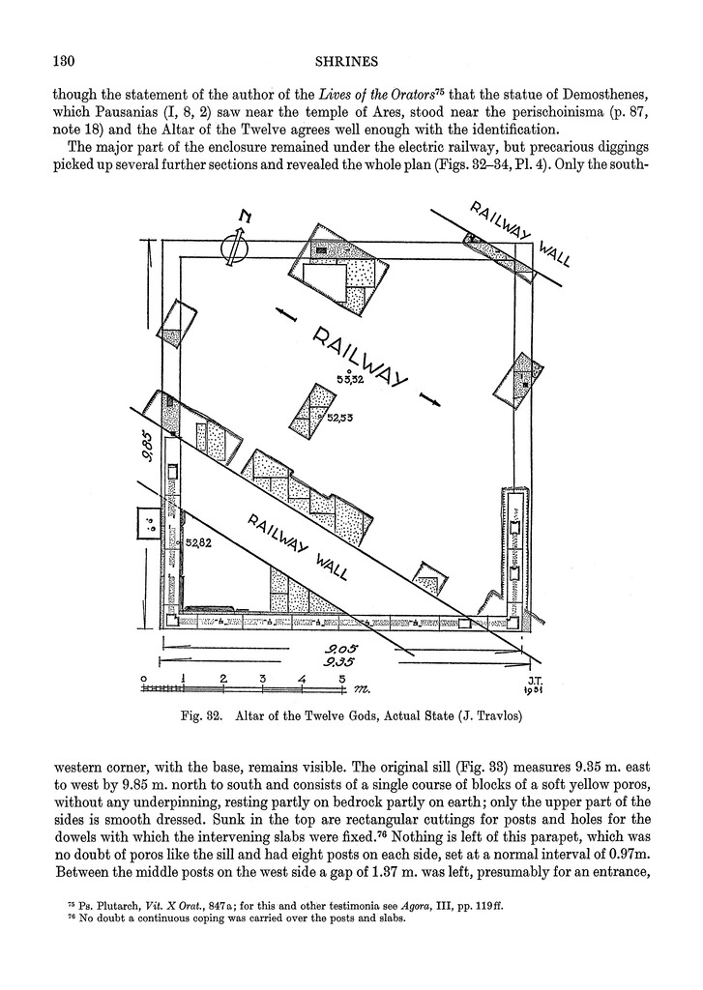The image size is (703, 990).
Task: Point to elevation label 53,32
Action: (349, 379)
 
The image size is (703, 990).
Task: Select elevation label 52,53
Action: (340, 418)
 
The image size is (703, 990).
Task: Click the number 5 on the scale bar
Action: (342, 679)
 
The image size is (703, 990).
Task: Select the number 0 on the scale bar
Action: (143, 679)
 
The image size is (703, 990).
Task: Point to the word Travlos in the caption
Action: (490, 717)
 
